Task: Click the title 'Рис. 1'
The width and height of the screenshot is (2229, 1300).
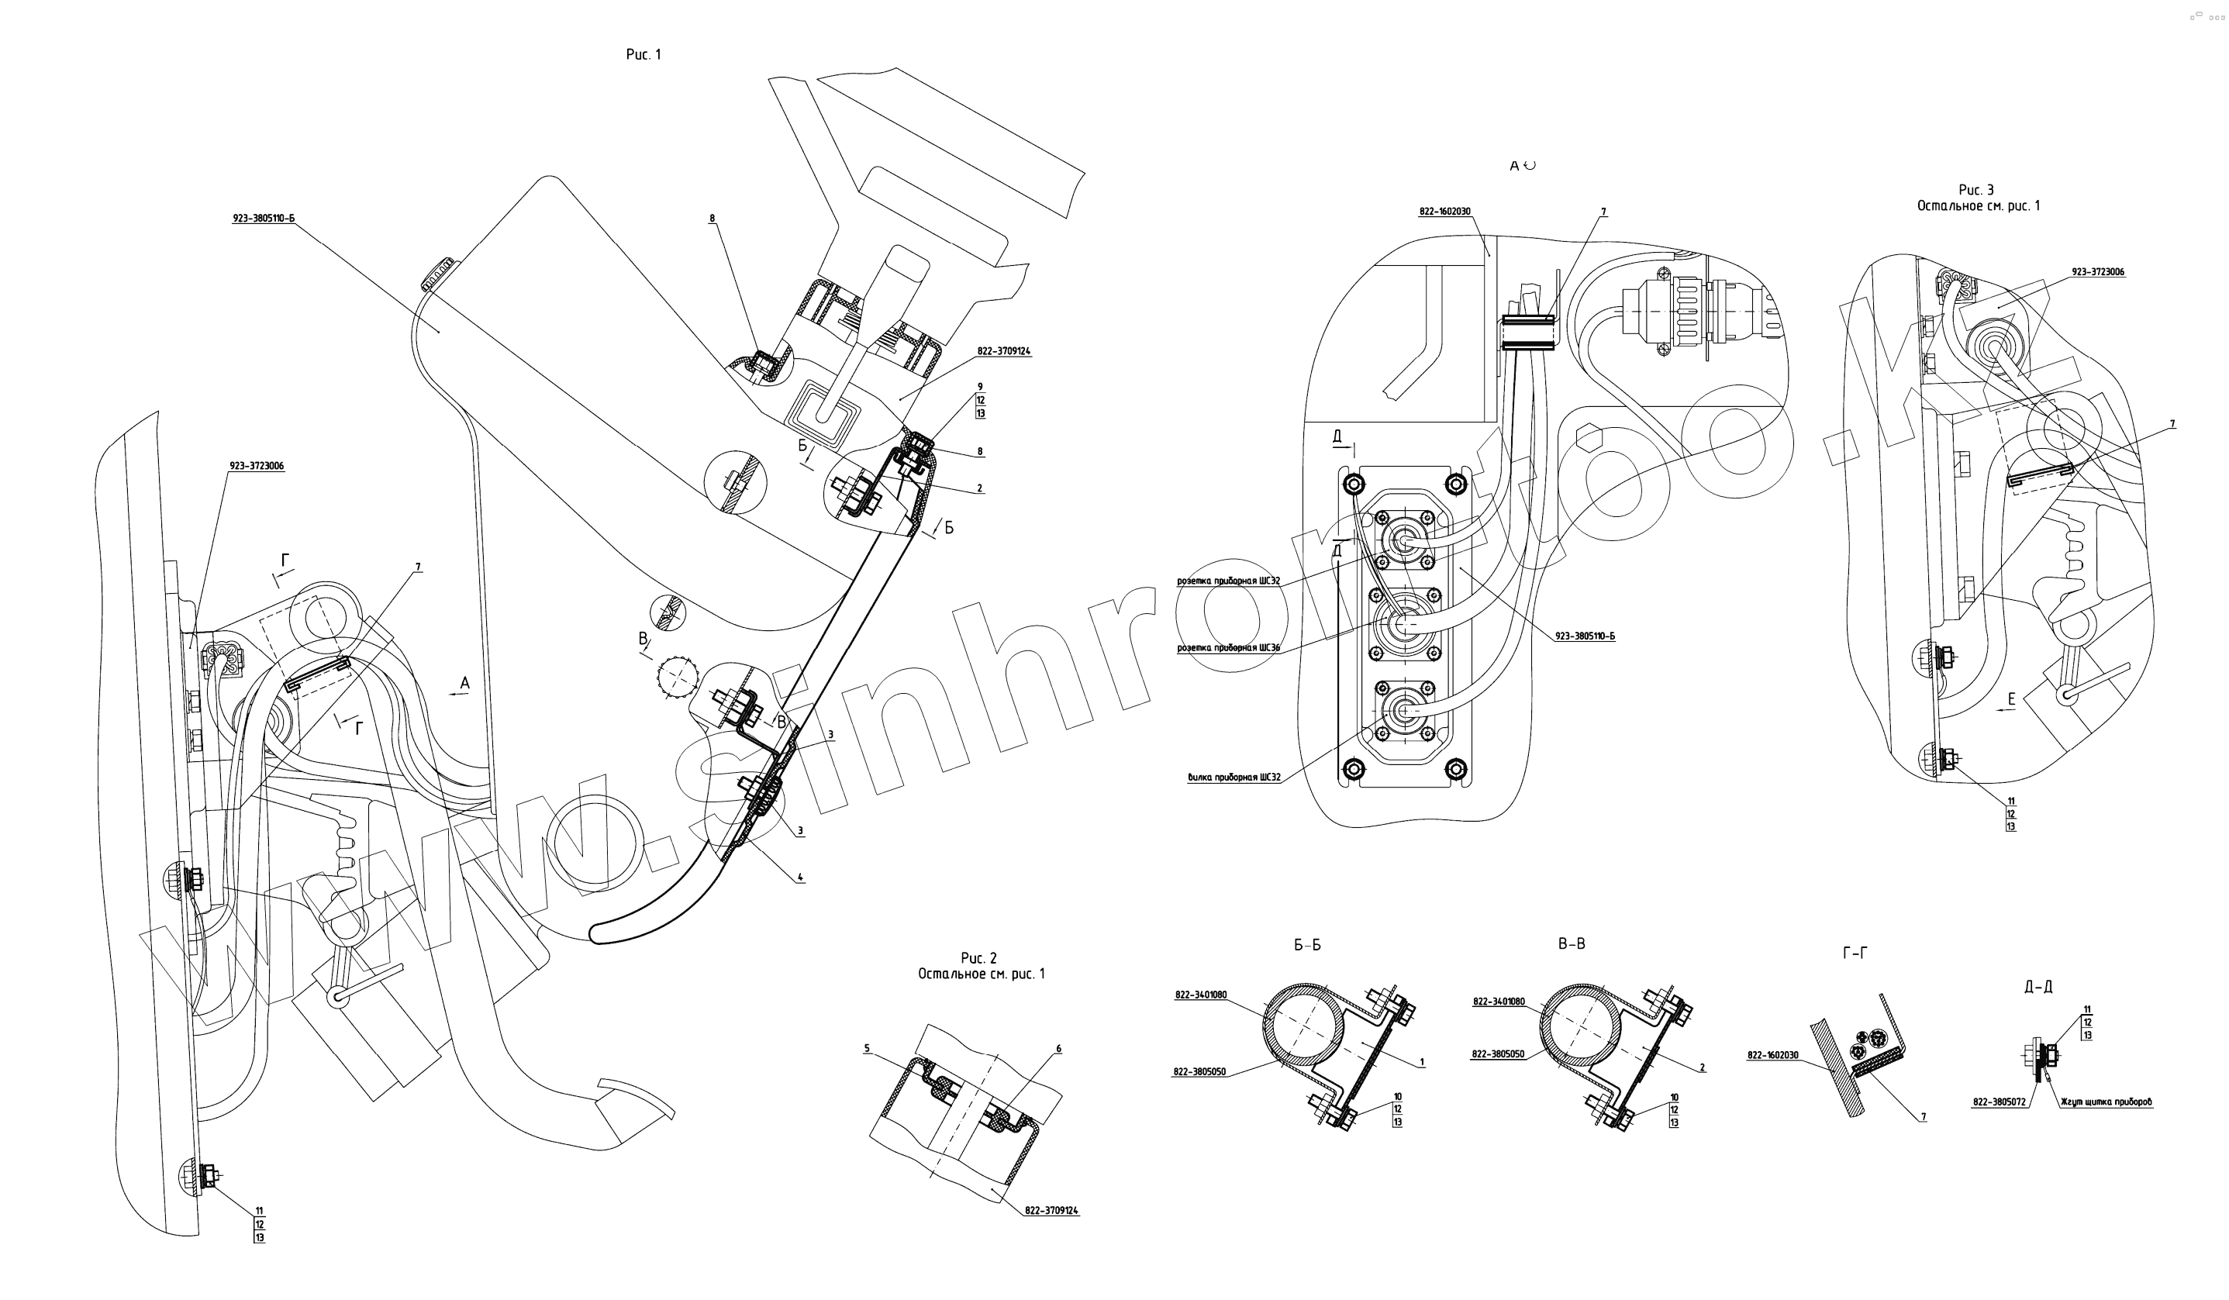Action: (643, 55)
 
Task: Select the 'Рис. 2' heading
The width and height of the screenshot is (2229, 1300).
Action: (978, 959)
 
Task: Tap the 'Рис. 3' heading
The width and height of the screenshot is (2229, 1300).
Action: (1976, 190)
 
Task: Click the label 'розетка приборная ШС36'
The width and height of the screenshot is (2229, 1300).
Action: (1229, 648)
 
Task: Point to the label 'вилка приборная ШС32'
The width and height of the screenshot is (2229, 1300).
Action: (1234, 778)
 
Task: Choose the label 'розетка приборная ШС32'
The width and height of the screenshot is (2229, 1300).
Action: (1229, 582)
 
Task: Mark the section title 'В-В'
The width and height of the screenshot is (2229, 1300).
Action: (1571, 944)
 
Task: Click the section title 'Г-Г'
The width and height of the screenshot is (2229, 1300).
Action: (1855, 953)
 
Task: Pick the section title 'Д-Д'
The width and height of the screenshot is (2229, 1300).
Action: (2038, 987)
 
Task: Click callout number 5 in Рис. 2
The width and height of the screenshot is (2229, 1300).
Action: (867, 1049)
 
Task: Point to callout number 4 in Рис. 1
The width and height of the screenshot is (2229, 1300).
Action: (800, 878)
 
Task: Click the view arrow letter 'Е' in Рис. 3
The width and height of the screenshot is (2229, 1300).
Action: (2010, 699)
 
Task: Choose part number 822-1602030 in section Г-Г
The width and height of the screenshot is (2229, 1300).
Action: (1772, 1055)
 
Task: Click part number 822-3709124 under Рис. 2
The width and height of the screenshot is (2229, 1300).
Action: (1051, 1211)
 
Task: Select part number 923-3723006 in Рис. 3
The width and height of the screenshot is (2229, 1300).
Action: (2097, 272)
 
